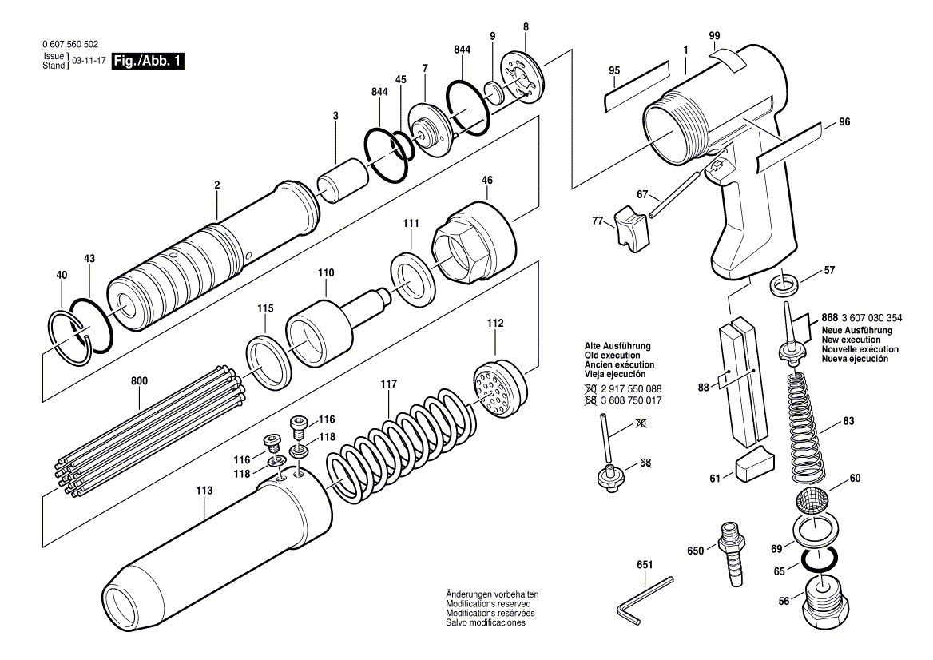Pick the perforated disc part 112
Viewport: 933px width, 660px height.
pyautogui.click(x=499, y=390)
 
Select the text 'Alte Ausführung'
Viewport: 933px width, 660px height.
pyautogui.click(x=617, y=346)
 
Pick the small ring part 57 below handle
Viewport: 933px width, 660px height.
pyautogui.click(x=785, y=284)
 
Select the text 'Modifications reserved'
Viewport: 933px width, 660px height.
pyautogui.click(x=488, y=604)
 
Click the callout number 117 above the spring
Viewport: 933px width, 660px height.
pyautogui.click(x=388, y=384)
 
